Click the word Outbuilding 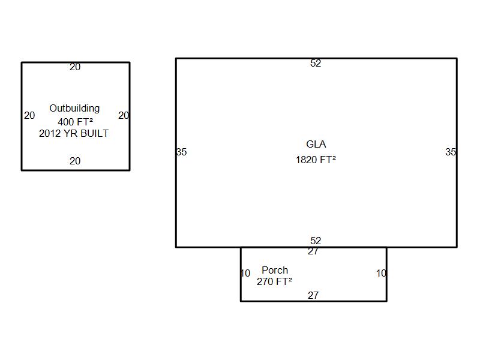point(74,109)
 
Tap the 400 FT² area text point(76,122)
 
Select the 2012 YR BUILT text point(74,133)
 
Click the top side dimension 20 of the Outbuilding point(75,67)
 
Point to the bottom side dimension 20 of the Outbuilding point(75,161)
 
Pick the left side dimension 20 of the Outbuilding point(29,115)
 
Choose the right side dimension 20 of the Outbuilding point(124,115)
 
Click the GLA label point(316,144)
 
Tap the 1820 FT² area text point(316,160)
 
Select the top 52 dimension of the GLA point(316,63)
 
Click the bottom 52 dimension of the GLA point(316,241)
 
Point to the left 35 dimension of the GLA point(182,152)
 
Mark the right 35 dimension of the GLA point(451,152)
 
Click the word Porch point(275,270)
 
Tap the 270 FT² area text point(274,281)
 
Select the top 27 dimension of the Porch point(313,251)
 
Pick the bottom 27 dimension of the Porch point(313,295)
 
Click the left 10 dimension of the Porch point(246,273)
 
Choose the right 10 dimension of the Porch point(381,273)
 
